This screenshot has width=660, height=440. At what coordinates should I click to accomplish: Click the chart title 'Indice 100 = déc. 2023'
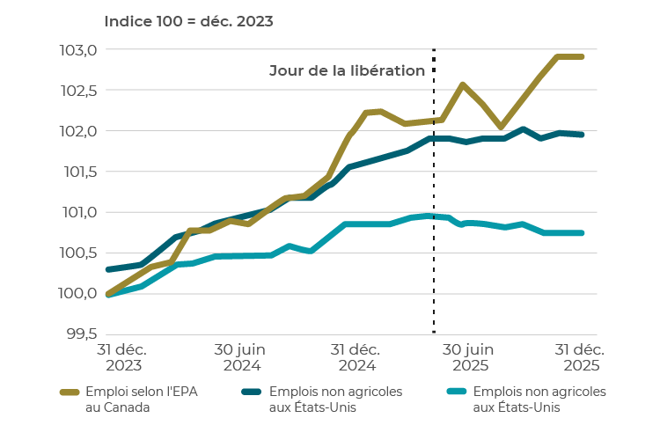tap(189, 20)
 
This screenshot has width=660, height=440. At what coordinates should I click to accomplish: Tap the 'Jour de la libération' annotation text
tap(347, 70)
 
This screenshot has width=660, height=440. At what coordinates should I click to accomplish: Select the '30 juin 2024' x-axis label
tap(241, 357)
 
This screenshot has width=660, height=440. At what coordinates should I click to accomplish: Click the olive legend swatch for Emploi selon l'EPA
tap(70, 392)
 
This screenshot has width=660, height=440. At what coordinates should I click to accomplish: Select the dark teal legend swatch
tap(253, 392)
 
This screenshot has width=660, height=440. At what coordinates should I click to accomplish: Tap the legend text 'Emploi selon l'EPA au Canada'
tap(128, 399)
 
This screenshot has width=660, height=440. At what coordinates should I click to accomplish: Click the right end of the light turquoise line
tap(583, 233)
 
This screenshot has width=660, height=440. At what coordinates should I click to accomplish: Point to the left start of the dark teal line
tap(107, 269)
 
